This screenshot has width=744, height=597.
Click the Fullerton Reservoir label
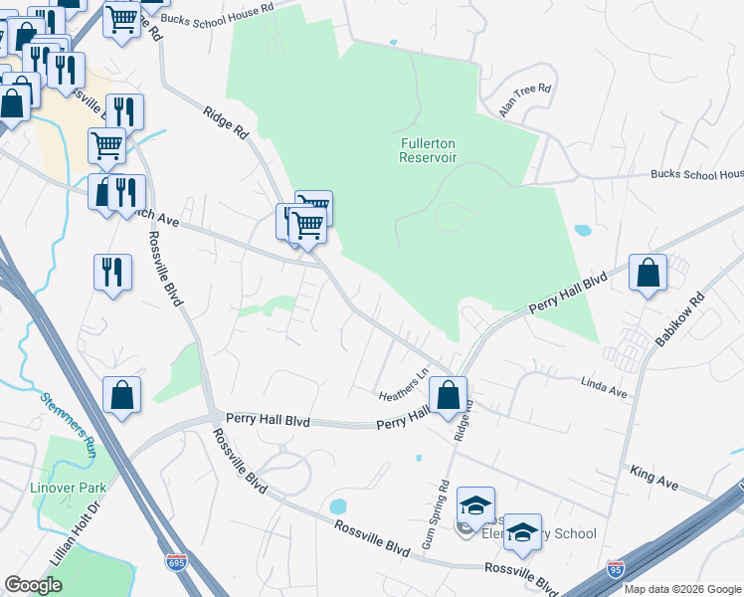(428, 149)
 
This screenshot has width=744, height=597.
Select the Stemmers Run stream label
(69, 424)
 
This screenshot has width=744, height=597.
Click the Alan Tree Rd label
(525, 100)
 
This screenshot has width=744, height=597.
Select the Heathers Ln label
(403, 385)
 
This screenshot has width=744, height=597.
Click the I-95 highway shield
(616, 569)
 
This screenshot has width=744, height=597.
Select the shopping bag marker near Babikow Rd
(648, 273)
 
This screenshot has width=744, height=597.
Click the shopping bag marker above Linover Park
(121, 395)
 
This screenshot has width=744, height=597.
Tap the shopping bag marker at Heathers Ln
(449, 394)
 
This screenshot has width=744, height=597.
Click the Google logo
(33, 585)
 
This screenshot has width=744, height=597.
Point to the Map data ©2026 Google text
(681, 589)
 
